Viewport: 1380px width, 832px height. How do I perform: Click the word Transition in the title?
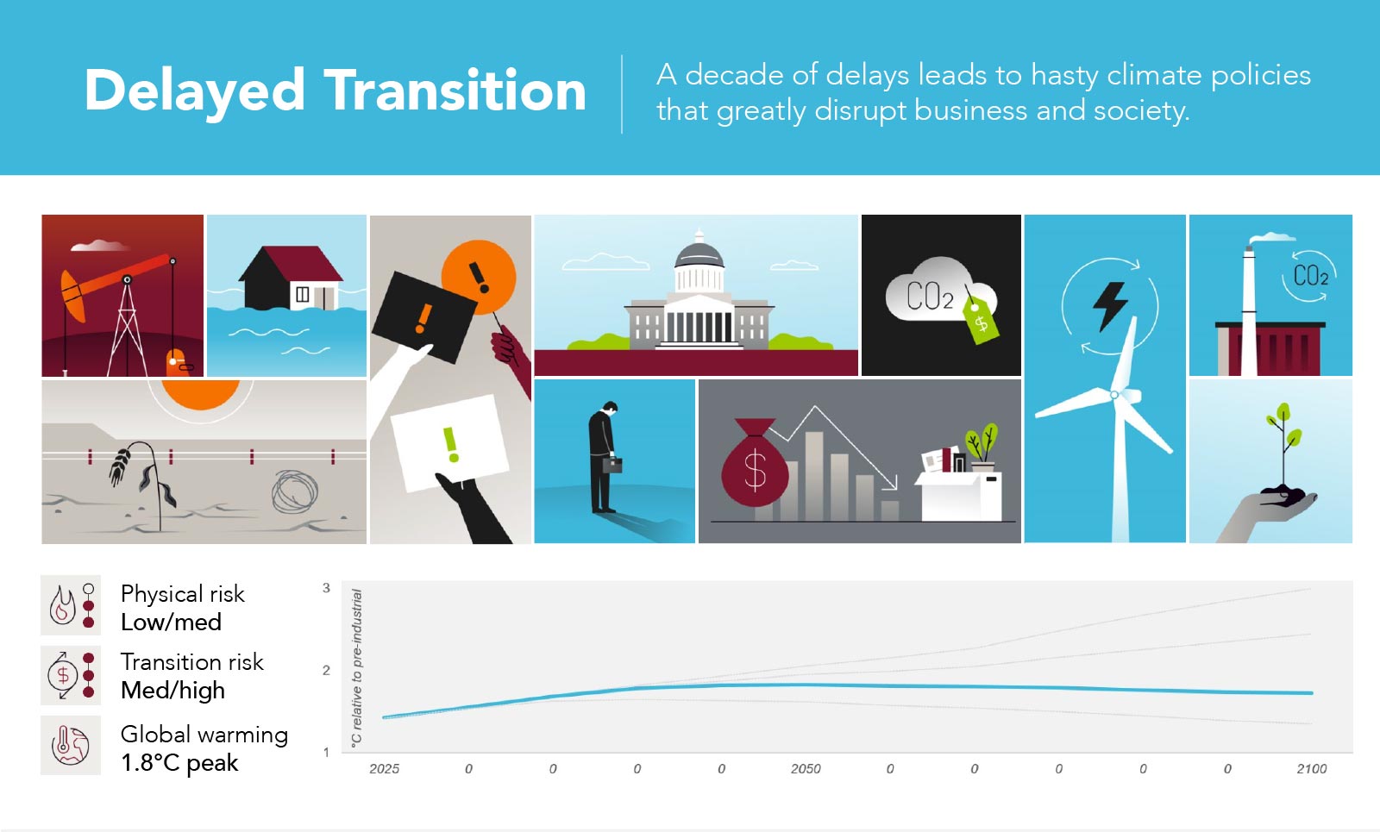(455, 91)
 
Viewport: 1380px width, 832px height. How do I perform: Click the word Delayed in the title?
(195, 92)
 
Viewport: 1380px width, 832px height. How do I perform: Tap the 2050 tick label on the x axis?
(806, 768)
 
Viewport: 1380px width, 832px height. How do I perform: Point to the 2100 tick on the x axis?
(1312, 768)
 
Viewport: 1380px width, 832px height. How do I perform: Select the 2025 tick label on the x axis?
(385, 768)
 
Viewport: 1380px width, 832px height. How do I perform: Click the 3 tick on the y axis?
(327, 588)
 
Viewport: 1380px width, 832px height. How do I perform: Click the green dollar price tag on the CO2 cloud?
(981, 320)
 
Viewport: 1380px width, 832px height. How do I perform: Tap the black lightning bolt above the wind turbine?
(1110, 306)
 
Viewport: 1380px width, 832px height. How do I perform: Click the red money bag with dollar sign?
(754, 463)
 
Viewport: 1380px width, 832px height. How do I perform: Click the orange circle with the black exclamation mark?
(479, 277)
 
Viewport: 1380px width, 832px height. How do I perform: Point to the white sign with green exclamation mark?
(450, 442)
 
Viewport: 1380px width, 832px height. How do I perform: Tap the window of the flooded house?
(303, 294)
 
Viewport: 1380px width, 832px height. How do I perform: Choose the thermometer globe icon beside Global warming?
(70, 745)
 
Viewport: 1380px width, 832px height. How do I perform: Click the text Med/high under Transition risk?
(172, 691)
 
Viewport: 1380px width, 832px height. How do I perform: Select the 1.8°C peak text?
(179, 762)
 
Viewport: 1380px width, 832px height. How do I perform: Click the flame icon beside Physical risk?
(62, 605)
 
